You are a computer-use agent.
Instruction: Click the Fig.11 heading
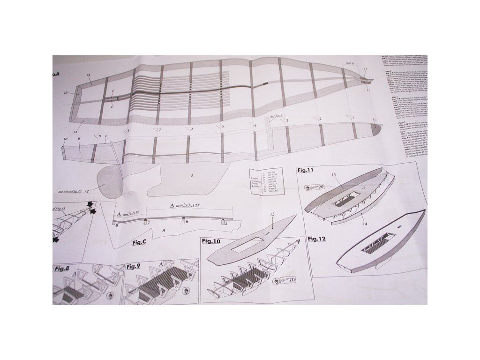[305, 170]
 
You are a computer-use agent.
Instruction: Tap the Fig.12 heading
[317, 239]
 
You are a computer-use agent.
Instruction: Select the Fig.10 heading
[211, 241]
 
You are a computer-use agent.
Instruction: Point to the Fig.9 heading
[133, 267]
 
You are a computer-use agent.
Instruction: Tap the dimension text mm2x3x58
[127, 213]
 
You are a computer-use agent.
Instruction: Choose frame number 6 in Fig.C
[186, 221]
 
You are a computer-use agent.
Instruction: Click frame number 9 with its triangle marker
[98, 136]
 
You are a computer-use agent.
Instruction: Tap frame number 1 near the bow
[351, 117]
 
